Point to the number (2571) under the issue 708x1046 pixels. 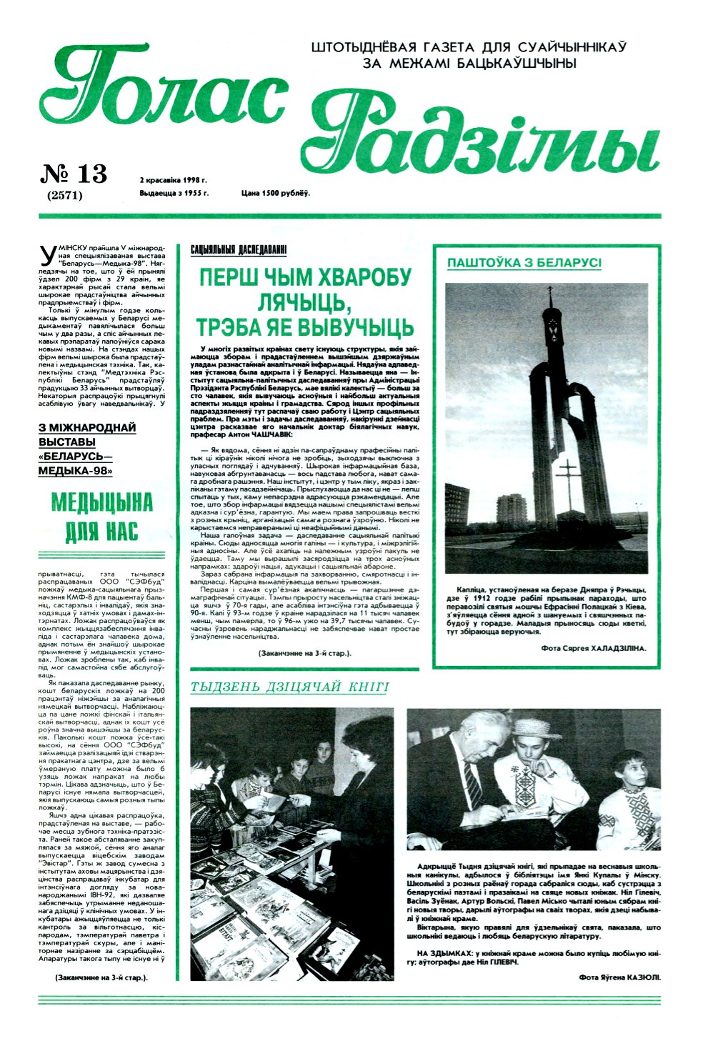point(65,194)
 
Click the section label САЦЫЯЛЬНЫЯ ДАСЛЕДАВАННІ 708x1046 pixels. point(239,249)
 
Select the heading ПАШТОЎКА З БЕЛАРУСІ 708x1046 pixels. point(524,263)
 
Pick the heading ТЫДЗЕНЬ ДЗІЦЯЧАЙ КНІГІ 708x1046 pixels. point(289,687)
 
